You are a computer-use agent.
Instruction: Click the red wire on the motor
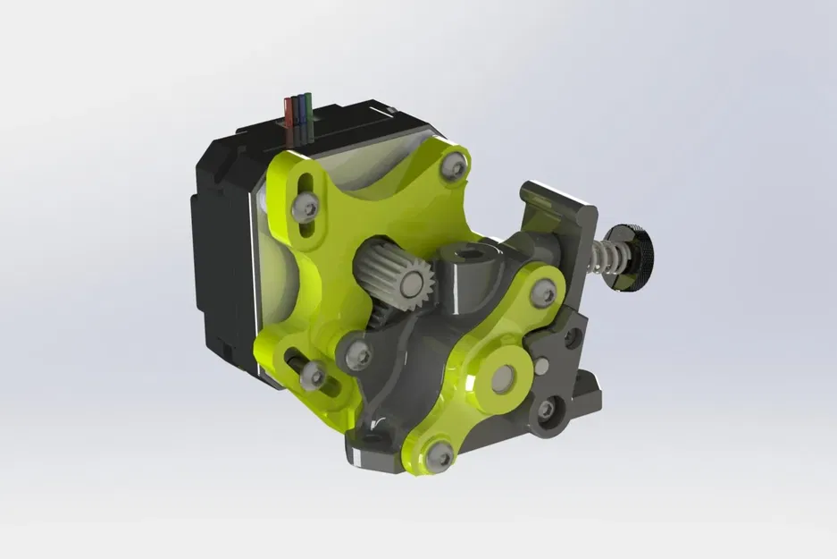[x=289, y=109]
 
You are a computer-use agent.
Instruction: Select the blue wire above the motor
[x=298, y=107]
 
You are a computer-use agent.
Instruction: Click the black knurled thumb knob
[x=635, y=258]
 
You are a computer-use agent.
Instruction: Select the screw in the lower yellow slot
[x=312, y=376]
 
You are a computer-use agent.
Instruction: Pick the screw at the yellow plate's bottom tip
[x=438, y=456]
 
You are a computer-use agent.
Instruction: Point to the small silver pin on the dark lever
[x=540, y=364]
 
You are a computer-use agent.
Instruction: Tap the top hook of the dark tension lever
[x=554, y=197]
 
